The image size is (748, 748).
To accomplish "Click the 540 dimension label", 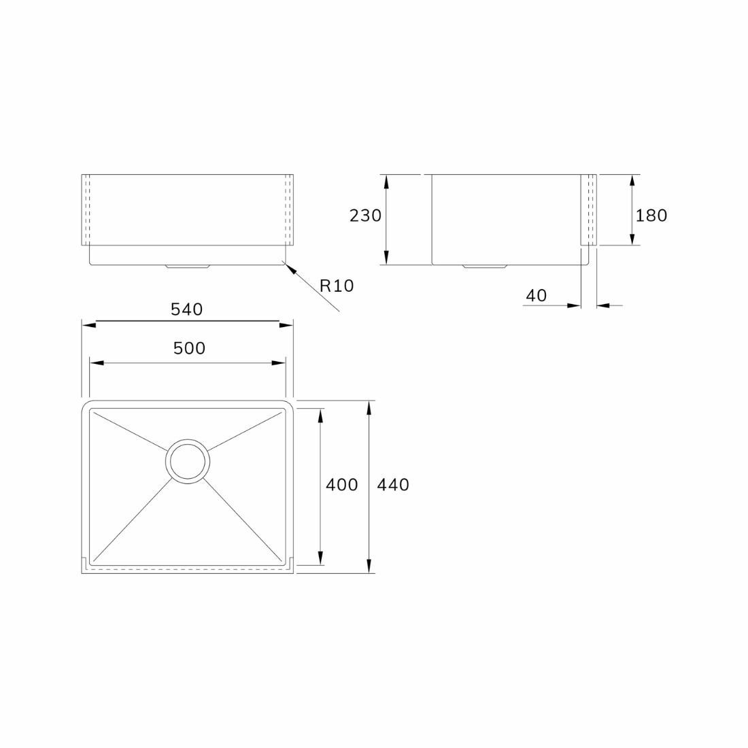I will tap(186, 309).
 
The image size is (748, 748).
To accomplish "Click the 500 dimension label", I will tap(189, 348).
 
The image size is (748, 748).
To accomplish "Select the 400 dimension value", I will tap(341, 485).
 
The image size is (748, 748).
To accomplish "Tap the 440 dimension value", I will tap(392, 485).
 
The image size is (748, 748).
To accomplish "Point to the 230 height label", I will tap(365, 216).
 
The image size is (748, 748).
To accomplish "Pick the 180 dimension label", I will tap(651, 216).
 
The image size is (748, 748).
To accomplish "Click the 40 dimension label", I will tap(536, 296).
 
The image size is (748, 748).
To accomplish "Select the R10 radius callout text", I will tap(337, 286).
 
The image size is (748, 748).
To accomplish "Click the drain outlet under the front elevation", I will tap(187, 267).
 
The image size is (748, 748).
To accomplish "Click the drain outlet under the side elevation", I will tap(484, 267).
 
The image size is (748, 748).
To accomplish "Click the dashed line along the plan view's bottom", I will tap(187, 566).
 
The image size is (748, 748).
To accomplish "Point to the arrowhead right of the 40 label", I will tap(602, 306).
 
